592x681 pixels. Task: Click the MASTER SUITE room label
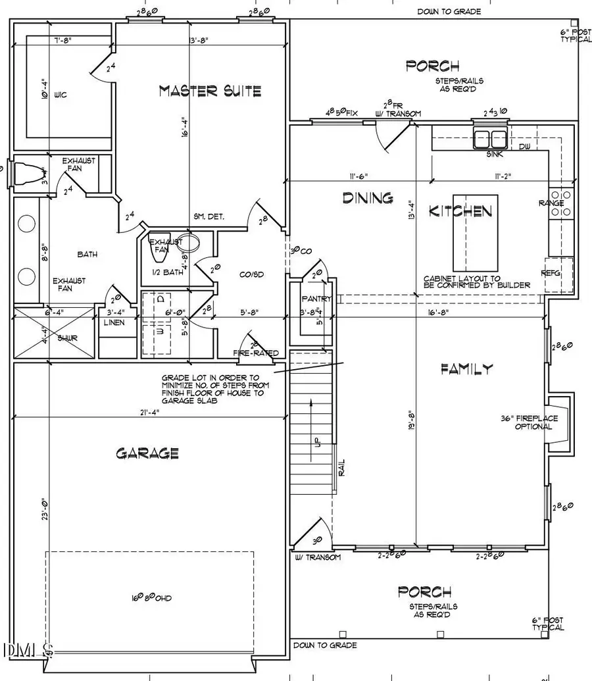click(210, 91)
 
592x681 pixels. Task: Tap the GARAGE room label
click(147, 453)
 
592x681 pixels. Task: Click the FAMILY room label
click(466, 369)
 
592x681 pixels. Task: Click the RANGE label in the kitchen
click(551, 203)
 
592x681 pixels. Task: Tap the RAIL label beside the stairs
click(342, 467)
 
